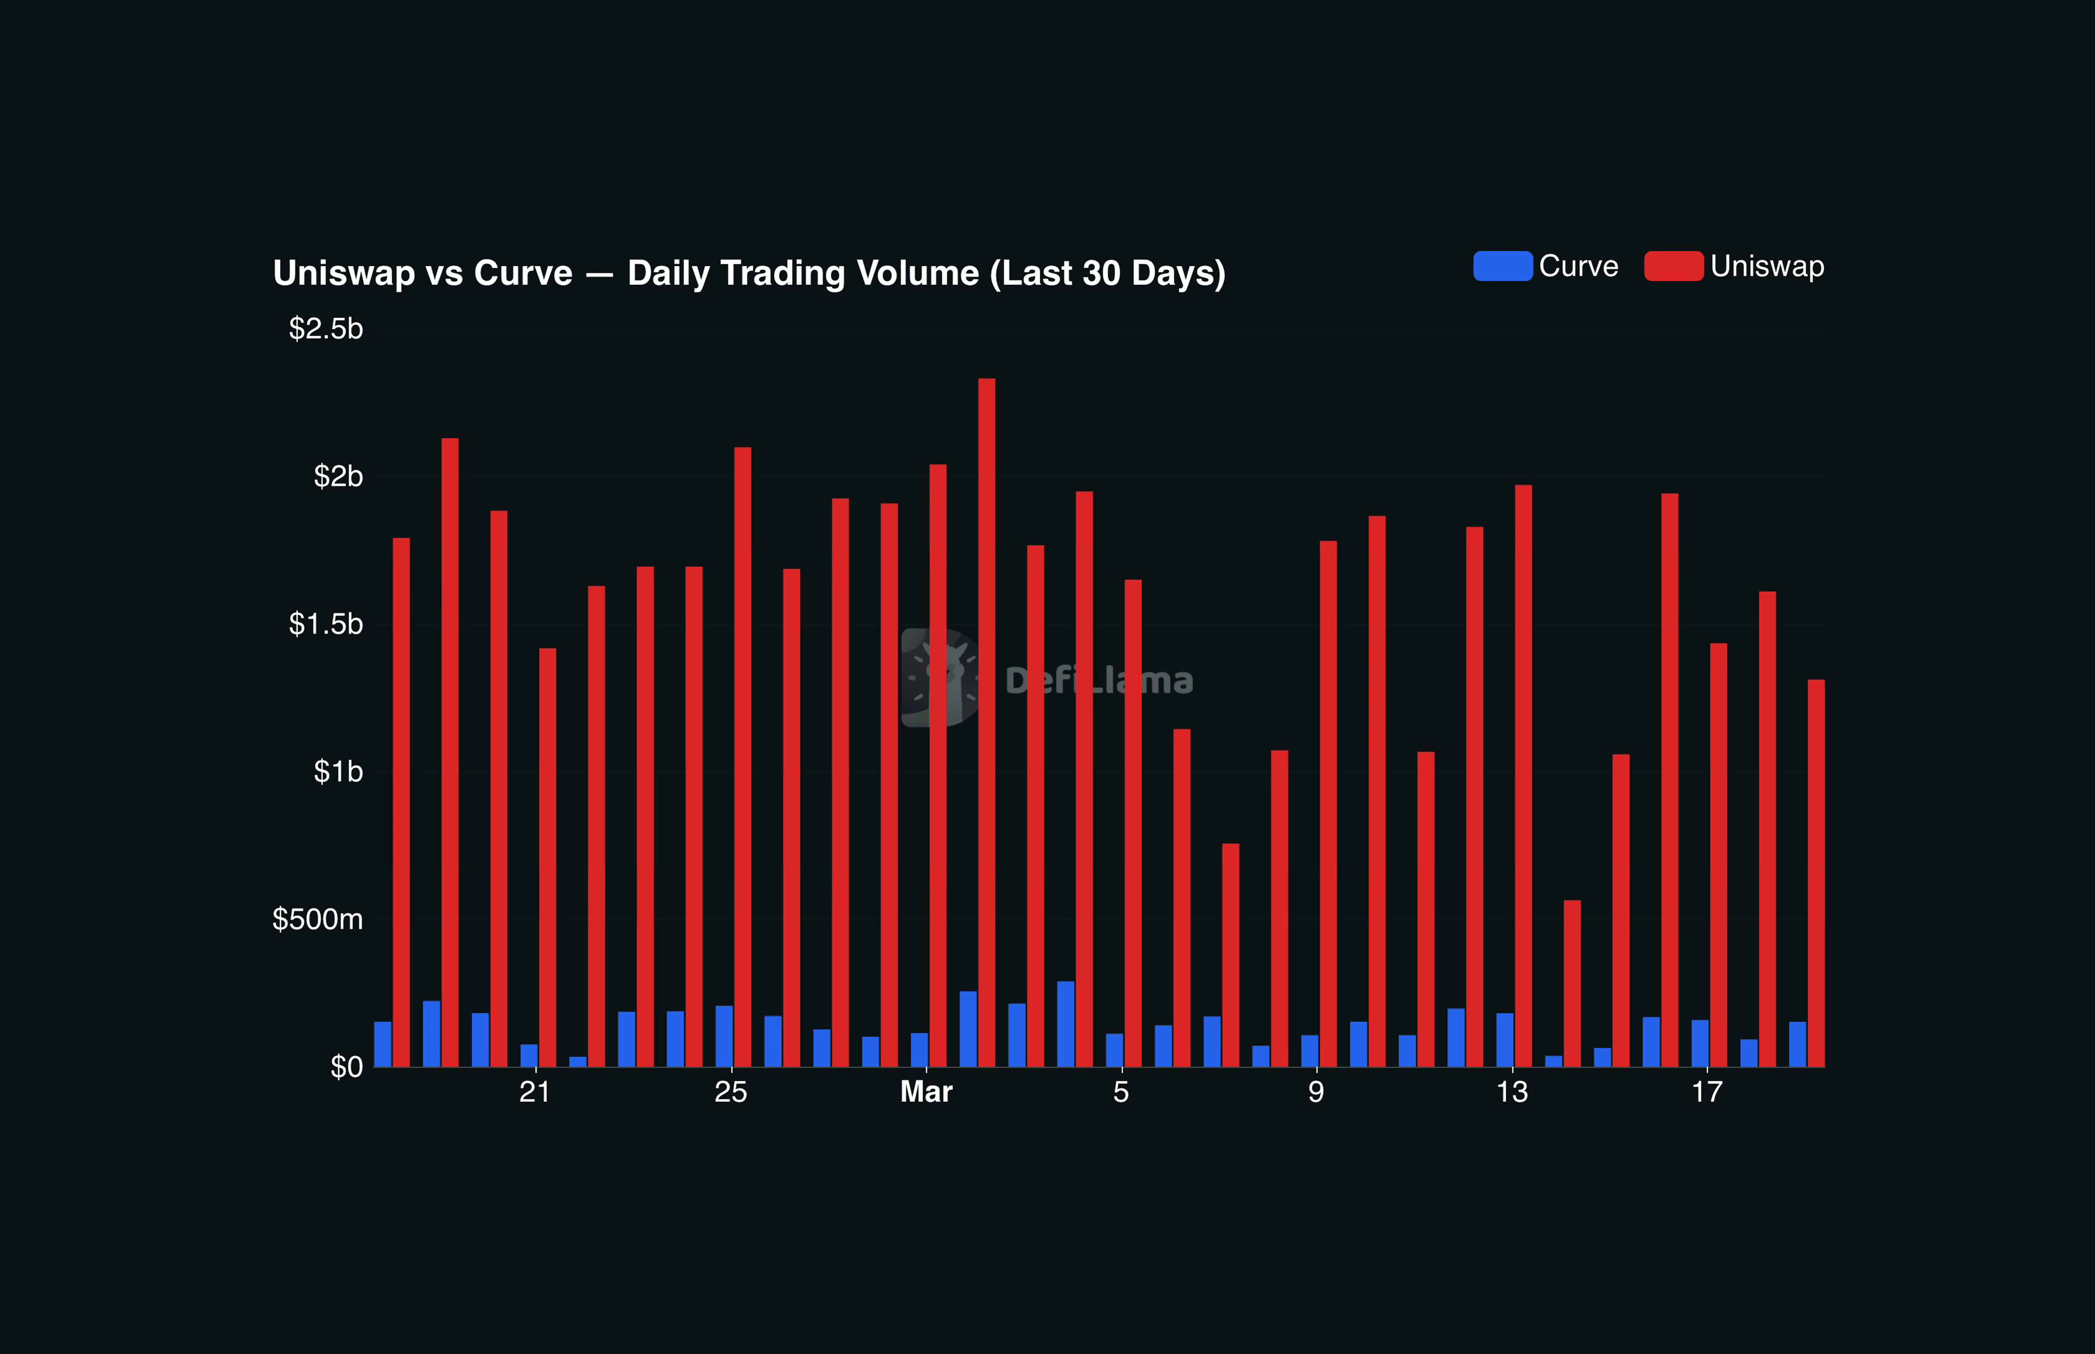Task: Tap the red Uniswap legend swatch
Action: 1673,266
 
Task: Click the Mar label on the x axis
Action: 926,1092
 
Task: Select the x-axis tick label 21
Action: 535,1092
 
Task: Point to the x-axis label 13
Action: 1511,1092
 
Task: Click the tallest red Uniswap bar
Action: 986,721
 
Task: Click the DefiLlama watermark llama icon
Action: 939,678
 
